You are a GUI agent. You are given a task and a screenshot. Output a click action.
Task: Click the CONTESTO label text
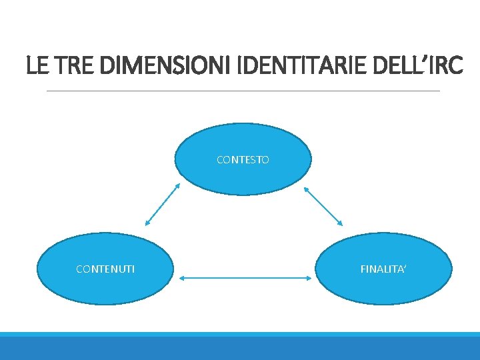[243, 160]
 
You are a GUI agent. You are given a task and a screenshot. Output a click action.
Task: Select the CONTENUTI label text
[105, 269]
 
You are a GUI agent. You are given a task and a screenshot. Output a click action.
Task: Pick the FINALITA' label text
[383, 269]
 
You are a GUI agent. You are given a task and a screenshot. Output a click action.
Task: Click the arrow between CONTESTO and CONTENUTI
[163, 205]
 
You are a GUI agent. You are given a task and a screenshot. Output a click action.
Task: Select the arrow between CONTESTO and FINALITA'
[323, 205]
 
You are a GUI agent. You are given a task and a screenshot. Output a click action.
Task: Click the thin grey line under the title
[243, 91]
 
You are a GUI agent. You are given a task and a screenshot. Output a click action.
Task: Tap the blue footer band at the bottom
[240, 347]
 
